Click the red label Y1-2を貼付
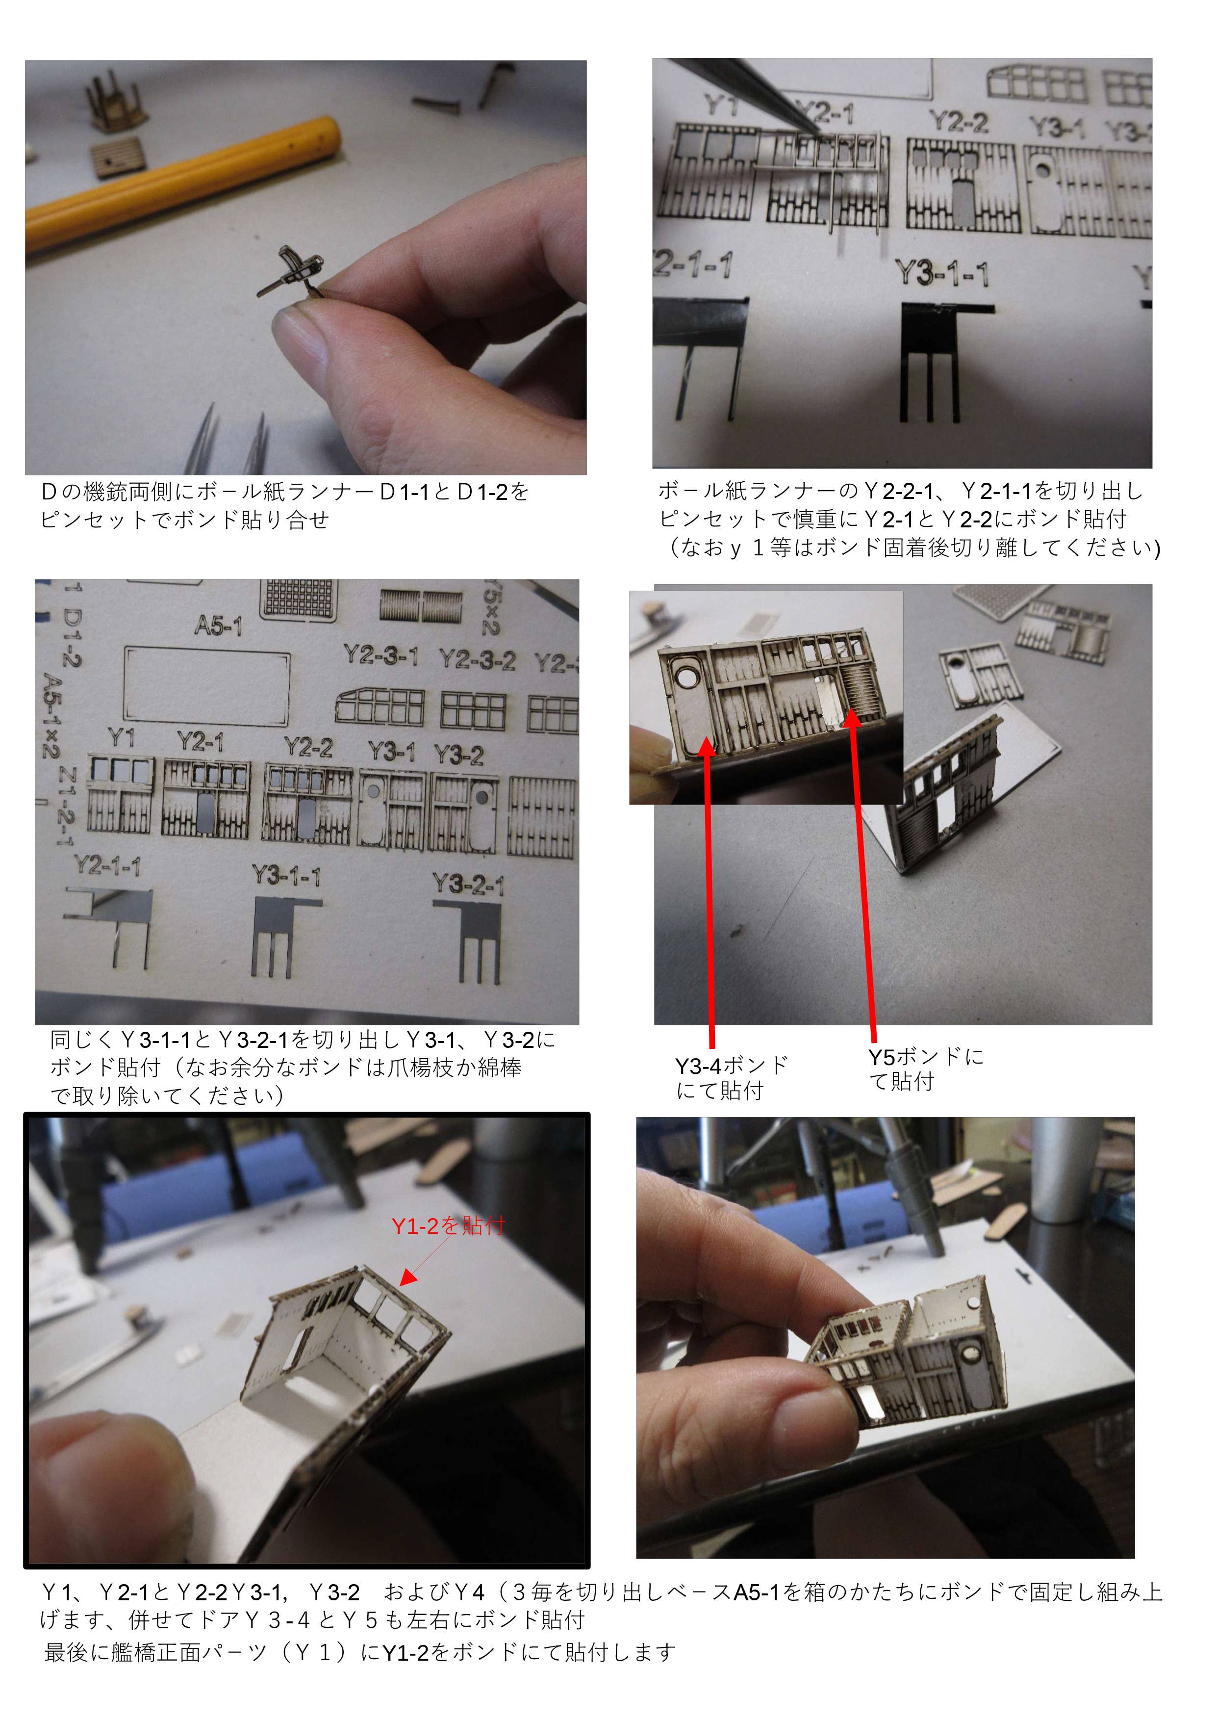point(448,1225)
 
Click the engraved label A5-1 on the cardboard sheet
point(218,625)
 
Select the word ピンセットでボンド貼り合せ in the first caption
point(185,520)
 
